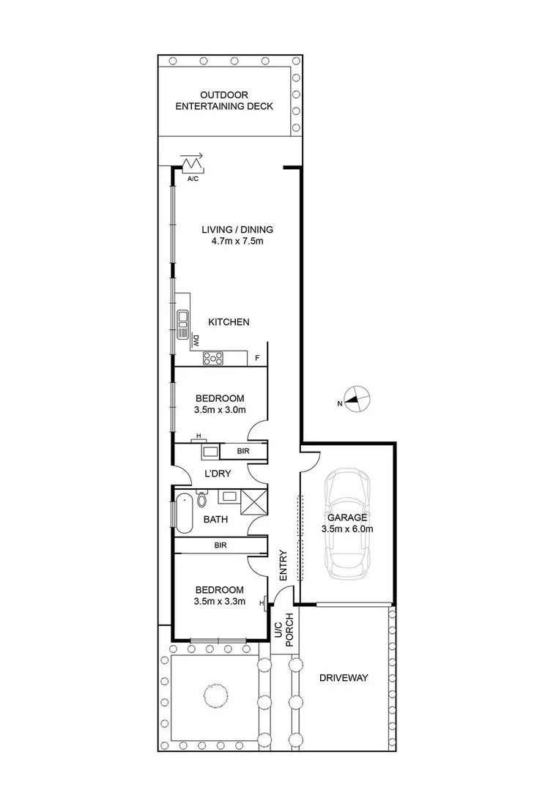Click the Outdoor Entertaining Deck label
click(226, 100)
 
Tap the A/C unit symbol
click(194, 163)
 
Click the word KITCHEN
click(229, 322)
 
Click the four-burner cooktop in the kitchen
click(215, 358)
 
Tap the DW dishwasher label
click(196, 340)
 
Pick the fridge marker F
click(257, 359)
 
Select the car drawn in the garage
click(348, 521)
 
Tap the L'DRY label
click(218, 474)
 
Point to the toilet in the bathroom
click(201, 499)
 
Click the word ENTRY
click(283, 566)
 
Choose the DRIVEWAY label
click(344, 678)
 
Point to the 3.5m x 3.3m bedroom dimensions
click(219, 603)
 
